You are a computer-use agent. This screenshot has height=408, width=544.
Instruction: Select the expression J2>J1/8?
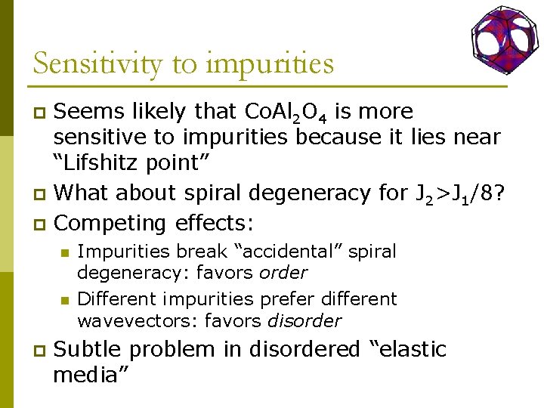coord(460,194)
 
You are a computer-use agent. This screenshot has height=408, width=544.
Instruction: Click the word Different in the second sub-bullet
coord(116,299)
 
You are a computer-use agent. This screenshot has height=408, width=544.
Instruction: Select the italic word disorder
coord(305,320)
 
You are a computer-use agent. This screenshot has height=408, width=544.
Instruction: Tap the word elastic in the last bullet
coord(406,350)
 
